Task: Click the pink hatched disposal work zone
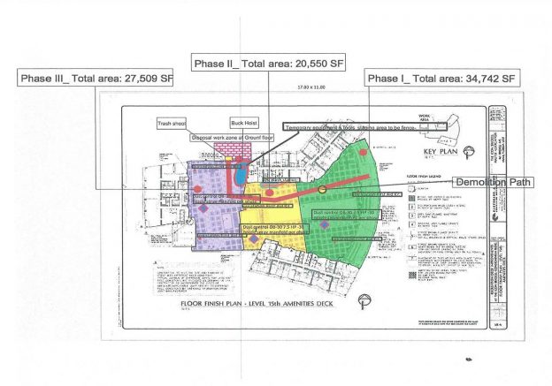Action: coord(237,152)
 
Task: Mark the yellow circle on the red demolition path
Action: coord(322,188)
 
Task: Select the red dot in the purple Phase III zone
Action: coord(197,189)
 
